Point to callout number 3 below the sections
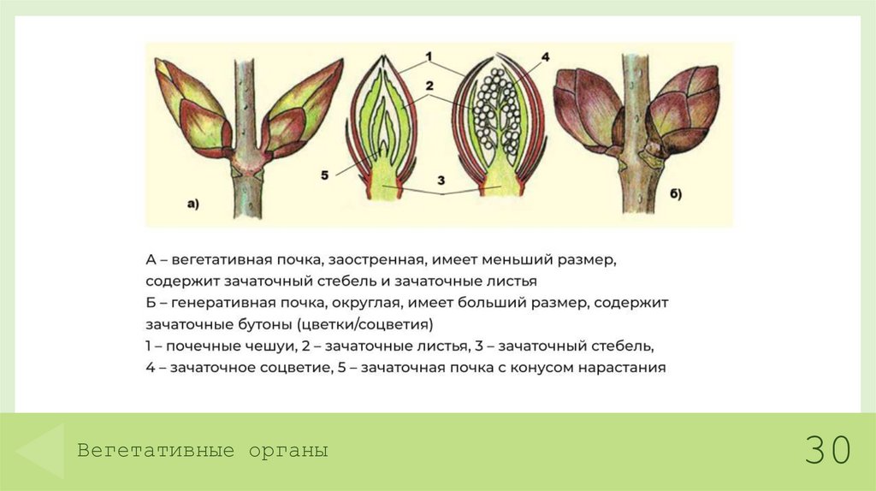pos(441,180)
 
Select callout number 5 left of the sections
pos(326,175)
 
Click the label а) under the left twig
pos(192,204)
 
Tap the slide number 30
pos(827,449)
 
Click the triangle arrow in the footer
pos(42,450)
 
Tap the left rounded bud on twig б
pos(589,110)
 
